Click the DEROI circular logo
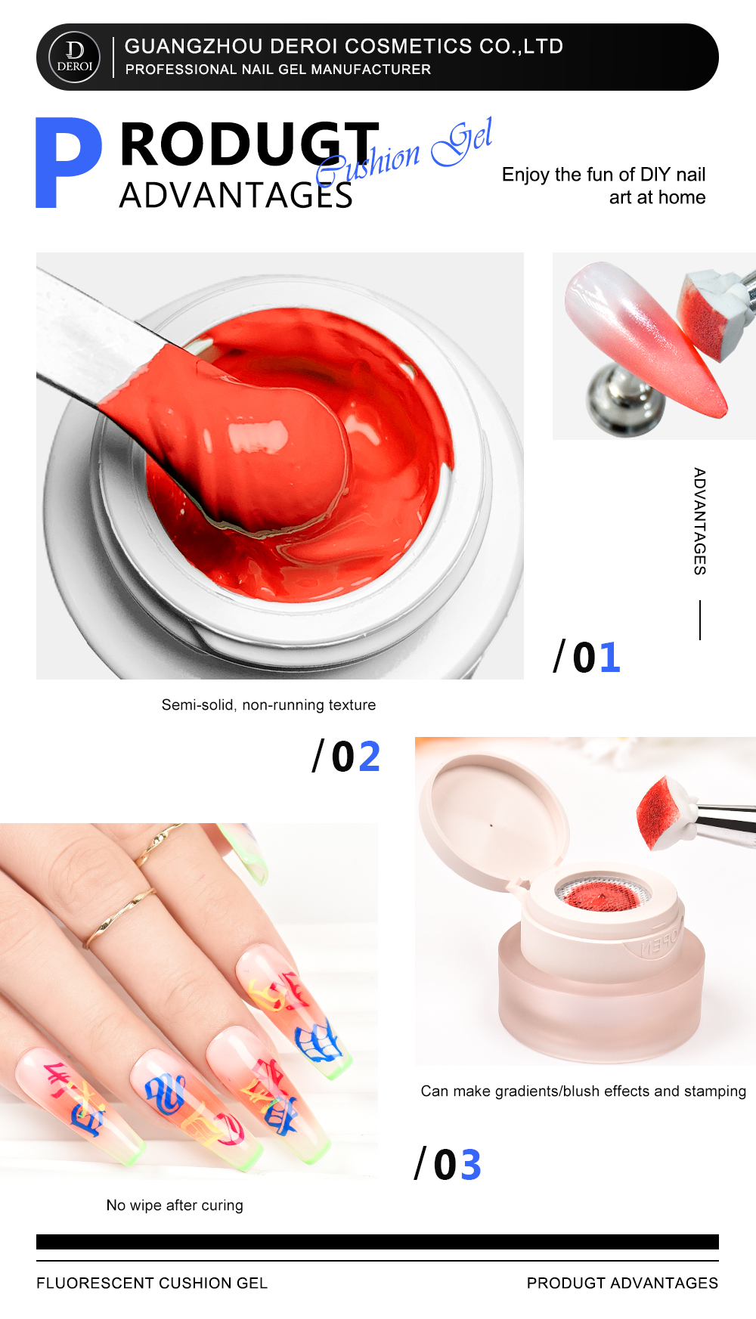click(74, 57)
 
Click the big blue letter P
click(68, 163)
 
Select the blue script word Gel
click(462, 141)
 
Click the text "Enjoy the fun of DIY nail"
click(604, 175)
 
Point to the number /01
click(587, 657)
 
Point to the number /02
click(346, 756)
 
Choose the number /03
click(448, 1164)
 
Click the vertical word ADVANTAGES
click(700, 522)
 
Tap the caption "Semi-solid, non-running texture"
click(268, 705)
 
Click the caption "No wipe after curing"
click(175, 1206)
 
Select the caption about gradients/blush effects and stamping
click(584, 1091)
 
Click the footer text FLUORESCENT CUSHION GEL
click(152, 1283)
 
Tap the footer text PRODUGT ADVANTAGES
click(623, 1283)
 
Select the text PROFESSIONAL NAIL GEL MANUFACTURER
click(278, 70)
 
